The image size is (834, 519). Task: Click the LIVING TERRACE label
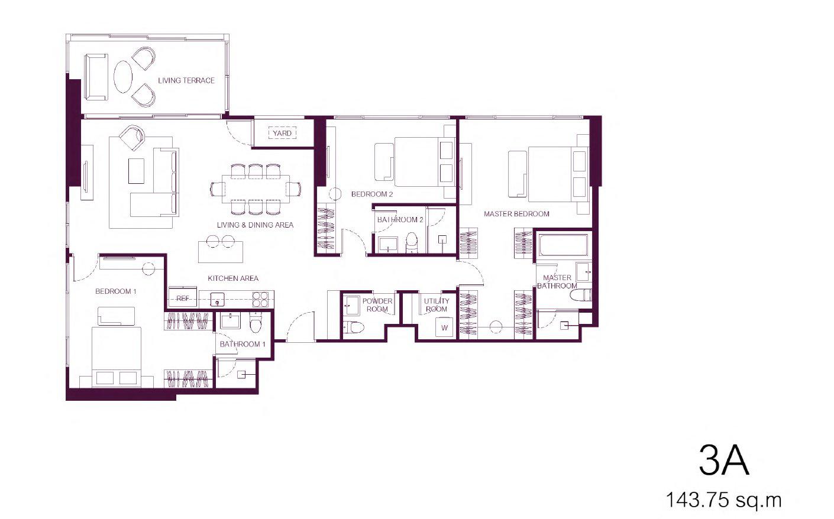(x=186, y=80)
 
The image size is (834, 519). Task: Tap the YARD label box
(x=282, y=133)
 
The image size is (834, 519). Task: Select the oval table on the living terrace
(x=123, y=77)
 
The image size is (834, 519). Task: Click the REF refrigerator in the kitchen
(x=182, y=297)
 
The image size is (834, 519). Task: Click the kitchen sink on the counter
(x=217, y=299)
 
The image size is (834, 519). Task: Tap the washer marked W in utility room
(x=445, y=327)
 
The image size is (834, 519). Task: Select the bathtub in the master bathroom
(x=563, y=245)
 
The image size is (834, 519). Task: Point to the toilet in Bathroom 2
(x=412, y=241)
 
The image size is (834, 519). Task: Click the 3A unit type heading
(x=724, y=460)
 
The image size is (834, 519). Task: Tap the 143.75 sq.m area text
(x=723, y=499)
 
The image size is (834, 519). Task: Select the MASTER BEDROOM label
(x=516, y=214)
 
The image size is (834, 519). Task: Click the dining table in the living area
(x=256, y=189)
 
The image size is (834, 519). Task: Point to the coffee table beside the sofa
(x=136, y=171)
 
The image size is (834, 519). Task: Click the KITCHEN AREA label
(x=233, y=278)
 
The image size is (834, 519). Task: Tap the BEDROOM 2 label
(x=372, y=194)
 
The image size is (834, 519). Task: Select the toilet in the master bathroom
(x=580, y=295)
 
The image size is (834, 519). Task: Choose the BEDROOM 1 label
(x=116, y=291)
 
